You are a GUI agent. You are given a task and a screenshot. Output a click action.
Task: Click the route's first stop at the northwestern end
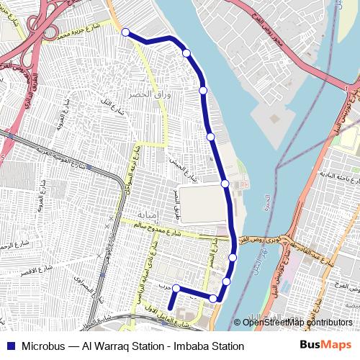coord(125,32)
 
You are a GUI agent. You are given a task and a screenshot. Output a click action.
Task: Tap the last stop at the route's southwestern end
coord(176,288)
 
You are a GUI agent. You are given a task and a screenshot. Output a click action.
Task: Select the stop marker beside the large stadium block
coord(225,184)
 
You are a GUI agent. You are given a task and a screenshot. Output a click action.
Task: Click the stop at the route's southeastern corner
coord(213,298)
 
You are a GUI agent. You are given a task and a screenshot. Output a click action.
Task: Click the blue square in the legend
coord(9,346)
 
